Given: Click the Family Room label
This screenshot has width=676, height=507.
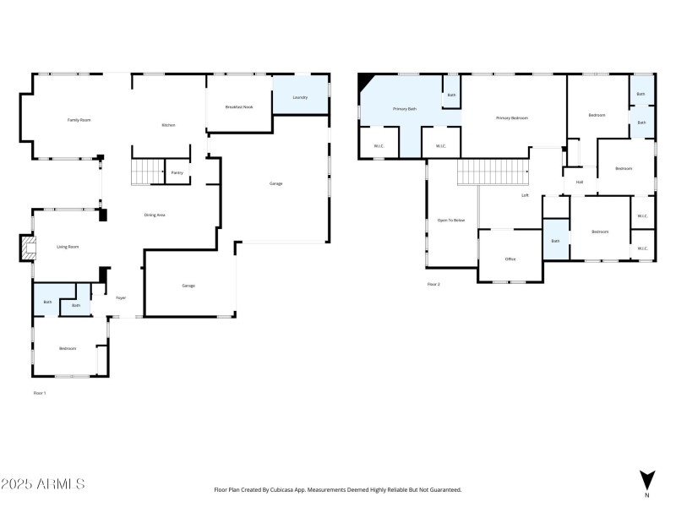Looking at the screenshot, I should point(79,120).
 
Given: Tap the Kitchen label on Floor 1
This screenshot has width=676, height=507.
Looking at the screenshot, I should point(168,125).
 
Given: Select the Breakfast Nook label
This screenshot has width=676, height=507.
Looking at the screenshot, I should point(238,106).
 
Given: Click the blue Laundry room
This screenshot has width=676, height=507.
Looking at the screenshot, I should point(300,97).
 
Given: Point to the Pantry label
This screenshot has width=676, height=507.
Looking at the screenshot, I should point(177,172).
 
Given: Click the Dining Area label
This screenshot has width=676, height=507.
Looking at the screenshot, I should point(154,215).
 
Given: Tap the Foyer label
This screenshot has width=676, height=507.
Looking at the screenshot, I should point(121,298).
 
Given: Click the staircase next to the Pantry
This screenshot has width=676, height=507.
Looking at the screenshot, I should point(148,172).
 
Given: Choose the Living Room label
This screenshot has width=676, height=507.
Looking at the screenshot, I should point(68,247).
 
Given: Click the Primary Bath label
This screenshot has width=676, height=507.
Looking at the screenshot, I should point(405,109).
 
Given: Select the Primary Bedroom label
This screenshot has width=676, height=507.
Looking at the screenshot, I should point(511,117).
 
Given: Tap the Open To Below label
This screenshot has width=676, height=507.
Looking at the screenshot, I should point(450,220).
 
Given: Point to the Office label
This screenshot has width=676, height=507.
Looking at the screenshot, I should point(510,259).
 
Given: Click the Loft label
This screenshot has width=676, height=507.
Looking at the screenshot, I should point(525,195).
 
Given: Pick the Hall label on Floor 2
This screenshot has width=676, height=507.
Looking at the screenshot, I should point(580,182).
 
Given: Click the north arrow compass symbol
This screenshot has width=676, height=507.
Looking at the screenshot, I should point(646,480).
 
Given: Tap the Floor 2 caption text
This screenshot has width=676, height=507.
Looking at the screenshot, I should point(433,284).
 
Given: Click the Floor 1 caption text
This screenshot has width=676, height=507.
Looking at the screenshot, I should point(39,393).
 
